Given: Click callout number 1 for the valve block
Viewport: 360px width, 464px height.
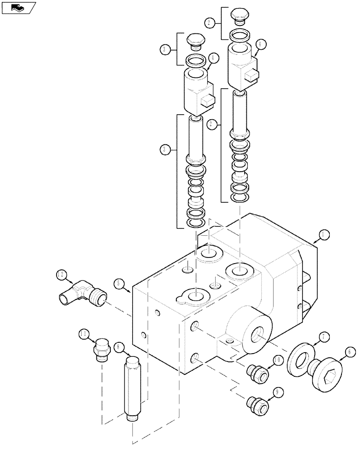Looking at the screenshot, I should (x=324, y=235).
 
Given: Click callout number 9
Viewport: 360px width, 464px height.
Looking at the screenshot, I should (x=278, y=392).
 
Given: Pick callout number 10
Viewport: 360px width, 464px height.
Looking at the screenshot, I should (x=277, y=360).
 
